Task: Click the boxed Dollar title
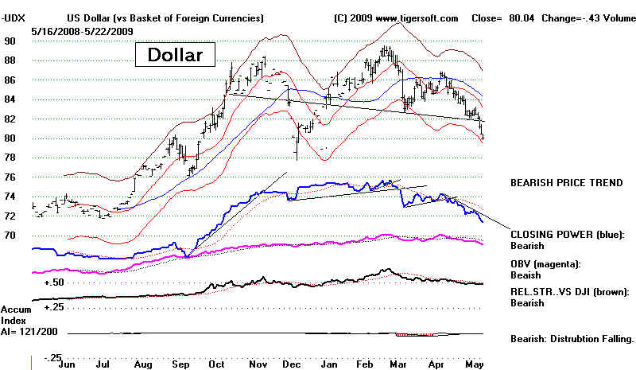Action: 174,55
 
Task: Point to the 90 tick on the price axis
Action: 10,41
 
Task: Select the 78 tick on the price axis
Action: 10,158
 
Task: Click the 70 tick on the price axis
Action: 10,236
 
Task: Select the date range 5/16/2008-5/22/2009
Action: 83,30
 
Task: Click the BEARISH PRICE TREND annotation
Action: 566,183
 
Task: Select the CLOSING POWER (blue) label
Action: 567,236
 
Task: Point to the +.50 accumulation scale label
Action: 53,282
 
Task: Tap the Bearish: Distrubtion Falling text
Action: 572,338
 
